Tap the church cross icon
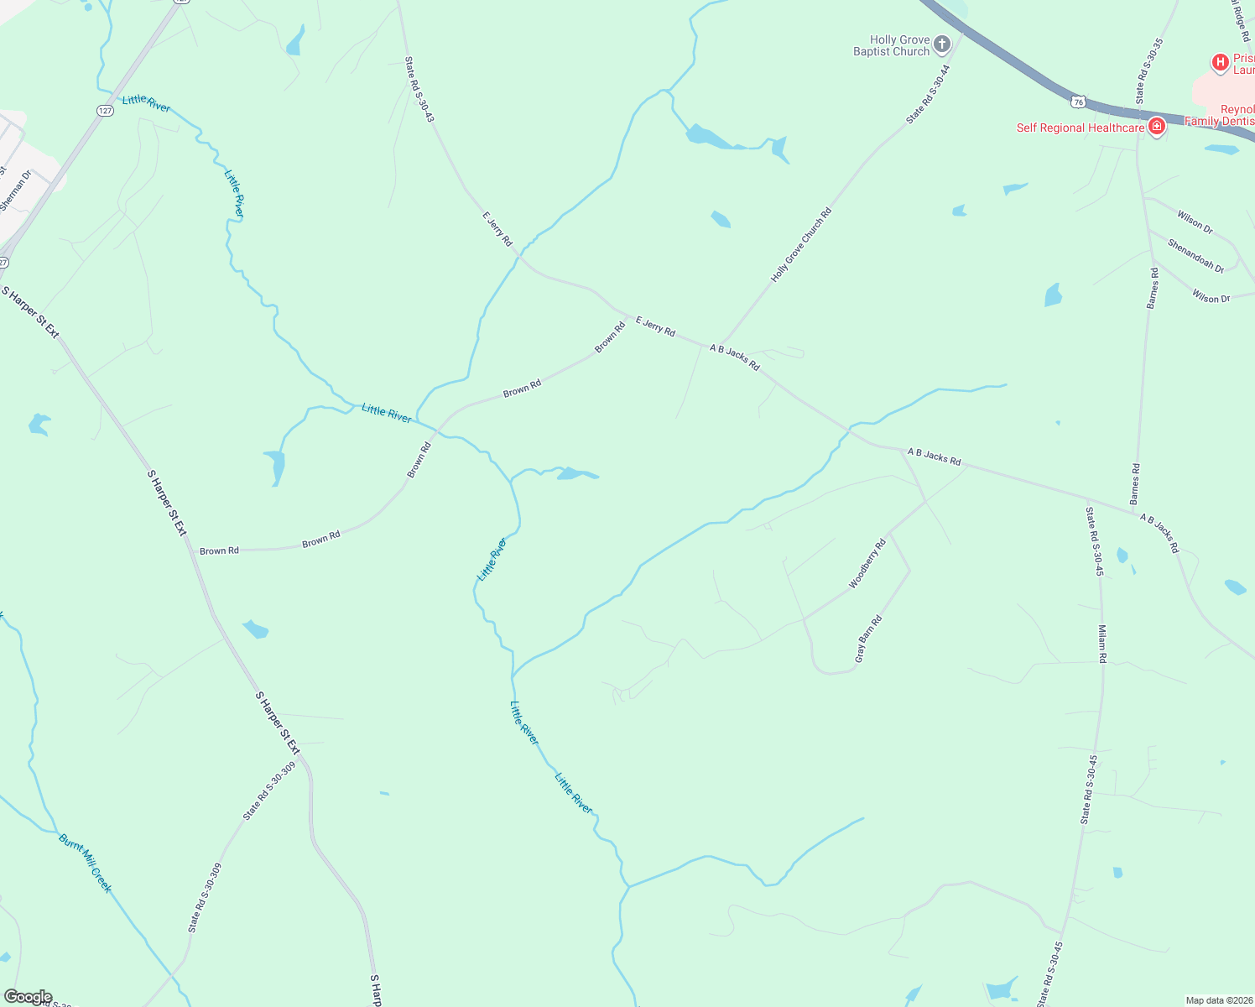point(942,44)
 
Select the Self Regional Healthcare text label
point(1081,128)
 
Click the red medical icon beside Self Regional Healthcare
point(1157,127)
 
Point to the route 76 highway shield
point(1078,102)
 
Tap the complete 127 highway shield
point(105,111)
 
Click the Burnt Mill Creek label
point(85,863)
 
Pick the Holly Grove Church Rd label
point(801,244)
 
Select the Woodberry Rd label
point(867,564)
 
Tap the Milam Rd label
point(1102,644)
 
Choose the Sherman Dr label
point(15,191)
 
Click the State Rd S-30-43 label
point(419,89)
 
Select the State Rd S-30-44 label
point(928,95)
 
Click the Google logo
point(28,997)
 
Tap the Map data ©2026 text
point(1218,1000)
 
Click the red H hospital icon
point(1220,61)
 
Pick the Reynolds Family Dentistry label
point(1221,116)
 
